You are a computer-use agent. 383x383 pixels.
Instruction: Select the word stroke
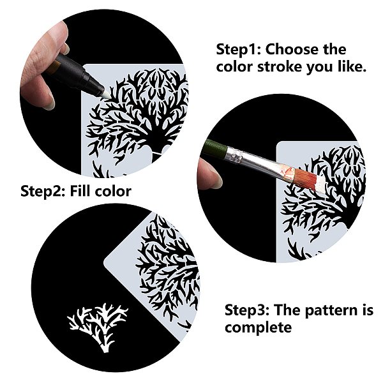coord(280,66)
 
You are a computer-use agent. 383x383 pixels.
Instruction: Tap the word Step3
coord(246,310)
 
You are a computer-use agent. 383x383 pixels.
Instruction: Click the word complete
coord(258,327)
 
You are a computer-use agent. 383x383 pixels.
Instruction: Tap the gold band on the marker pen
coord(55,68)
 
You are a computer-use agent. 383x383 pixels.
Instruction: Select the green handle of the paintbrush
coord(214,147)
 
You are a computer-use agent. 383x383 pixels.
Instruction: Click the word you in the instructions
coord(320,68)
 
